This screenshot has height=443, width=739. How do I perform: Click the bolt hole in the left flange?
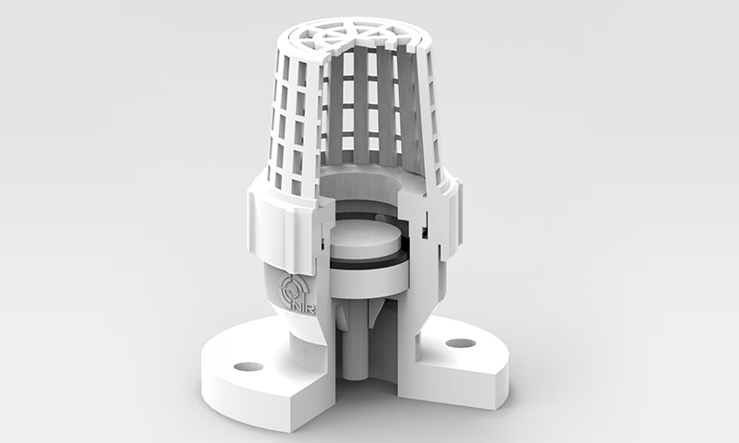tap(248, 366)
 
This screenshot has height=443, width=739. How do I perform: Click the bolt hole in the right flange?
tap(459, 343)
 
